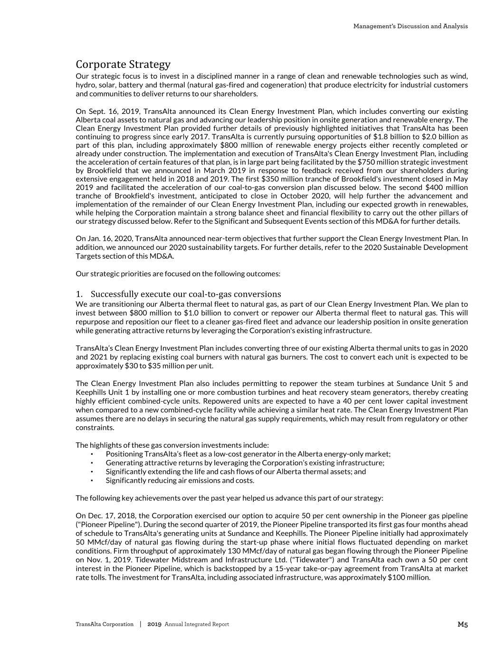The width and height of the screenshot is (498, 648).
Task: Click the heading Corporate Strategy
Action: coord(123,64)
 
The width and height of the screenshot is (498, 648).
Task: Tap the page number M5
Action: coord(462,625)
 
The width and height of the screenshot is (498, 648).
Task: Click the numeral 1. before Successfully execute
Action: coord(79,294)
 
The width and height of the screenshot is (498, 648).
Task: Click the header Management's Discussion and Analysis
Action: coord(410,26)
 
